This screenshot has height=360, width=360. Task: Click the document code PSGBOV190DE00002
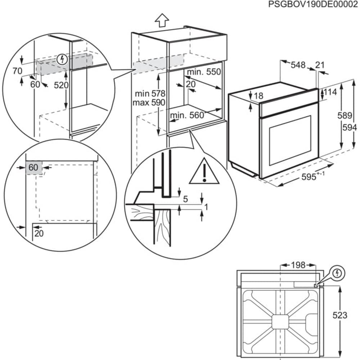(x=313, y=4)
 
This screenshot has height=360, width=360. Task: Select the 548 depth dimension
(x=298, y=65)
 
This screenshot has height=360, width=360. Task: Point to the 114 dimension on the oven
(x=330, y=92)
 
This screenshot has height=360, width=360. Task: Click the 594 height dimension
(x=350, y=128)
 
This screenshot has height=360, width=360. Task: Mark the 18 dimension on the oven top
(x=258, y=96)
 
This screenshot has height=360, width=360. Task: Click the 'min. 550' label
(x=203, y=72)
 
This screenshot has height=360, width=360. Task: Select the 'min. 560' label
(x=187, y=115)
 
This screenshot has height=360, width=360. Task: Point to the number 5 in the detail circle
(x=185, y=199)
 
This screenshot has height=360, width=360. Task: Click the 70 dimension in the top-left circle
(x=17, y=71)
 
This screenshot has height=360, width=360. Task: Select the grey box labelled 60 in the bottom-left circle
(x=33, y=168)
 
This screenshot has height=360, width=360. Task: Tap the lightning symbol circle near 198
(x=337, y=273)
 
